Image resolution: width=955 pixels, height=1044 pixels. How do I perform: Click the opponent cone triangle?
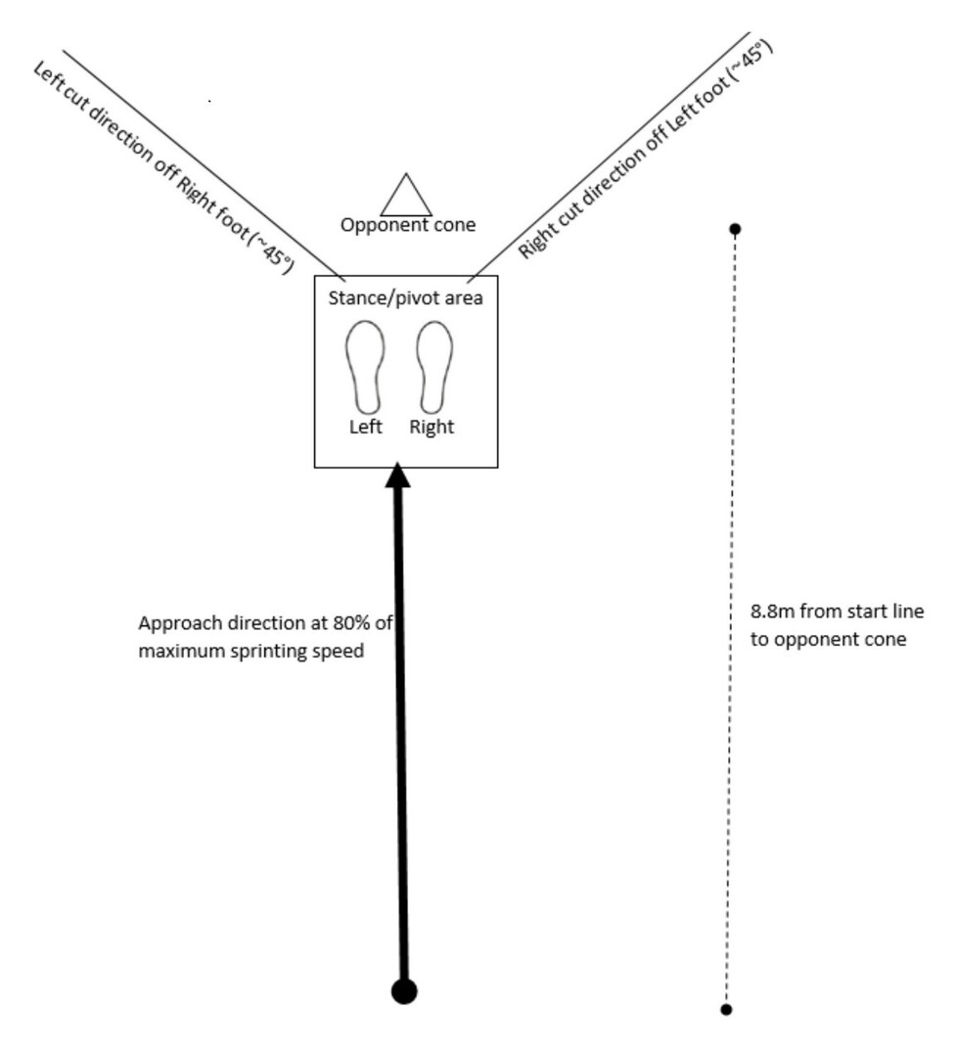pos(406,198)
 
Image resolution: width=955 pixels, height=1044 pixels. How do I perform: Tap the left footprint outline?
pos(364,366)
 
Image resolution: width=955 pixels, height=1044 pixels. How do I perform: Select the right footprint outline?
pos(433,366)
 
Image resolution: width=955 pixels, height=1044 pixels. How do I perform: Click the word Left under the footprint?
pos(365,428)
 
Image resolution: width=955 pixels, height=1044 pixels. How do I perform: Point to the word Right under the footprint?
pos(432,428)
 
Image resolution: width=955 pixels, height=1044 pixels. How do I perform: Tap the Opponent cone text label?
pos(408,225)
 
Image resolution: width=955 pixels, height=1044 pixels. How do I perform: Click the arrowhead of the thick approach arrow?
pos(397,476)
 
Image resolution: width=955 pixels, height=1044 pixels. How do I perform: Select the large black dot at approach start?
pos(404,991)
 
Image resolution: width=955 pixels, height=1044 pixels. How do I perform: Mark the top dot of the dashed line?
pos(736,229)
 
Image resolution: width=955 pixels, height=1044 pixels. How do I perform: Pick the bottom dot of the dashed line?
pos(726,1009)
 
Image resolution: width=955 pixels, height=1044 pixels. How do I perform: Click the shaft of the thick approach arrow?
pos(401,734)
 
